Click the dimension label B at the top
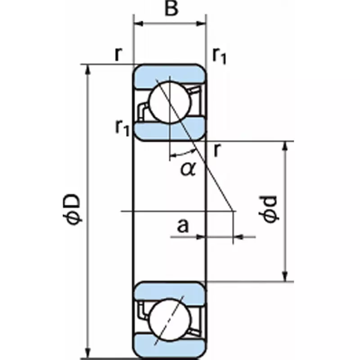click(171, 9)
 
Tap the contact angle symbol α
click(188, 169)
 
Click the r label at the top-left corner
click(118, 54)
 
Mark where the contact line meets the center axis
click(233, 211)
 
